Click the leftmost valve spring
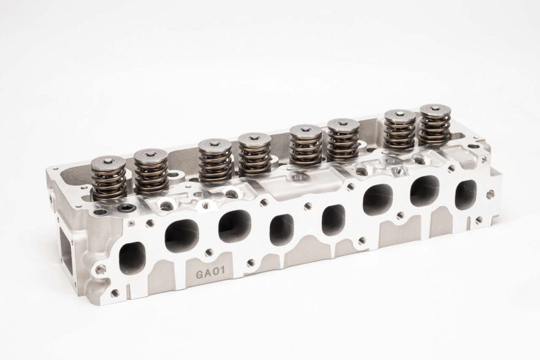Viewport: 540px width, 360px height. tap(108, 179)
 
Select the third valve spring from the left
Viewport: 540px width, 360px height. tap(215, 161)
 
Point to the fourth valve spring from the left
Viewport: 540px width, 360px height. tap(254, 156)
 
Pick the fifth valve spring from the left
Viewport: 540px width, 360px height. tap(306, 145)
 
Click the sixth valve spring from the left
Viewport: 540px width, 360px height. tap(343, 140)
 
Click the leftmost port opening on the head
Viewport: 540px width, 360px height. tap(132, 259)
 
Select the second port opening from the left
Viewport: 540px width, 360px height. tap(182, 236)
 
